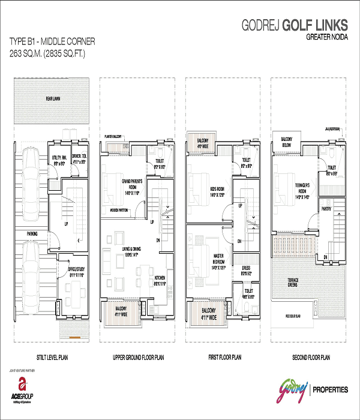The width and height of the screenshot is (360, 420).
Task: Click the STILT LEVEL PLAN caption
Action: [x=51, y=358]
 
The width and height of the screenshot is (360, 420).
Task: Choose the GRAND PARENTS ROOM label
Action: [x=123, y=182]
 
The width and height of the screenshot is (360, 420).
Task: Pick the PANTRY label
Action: [x=326, y=210]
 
